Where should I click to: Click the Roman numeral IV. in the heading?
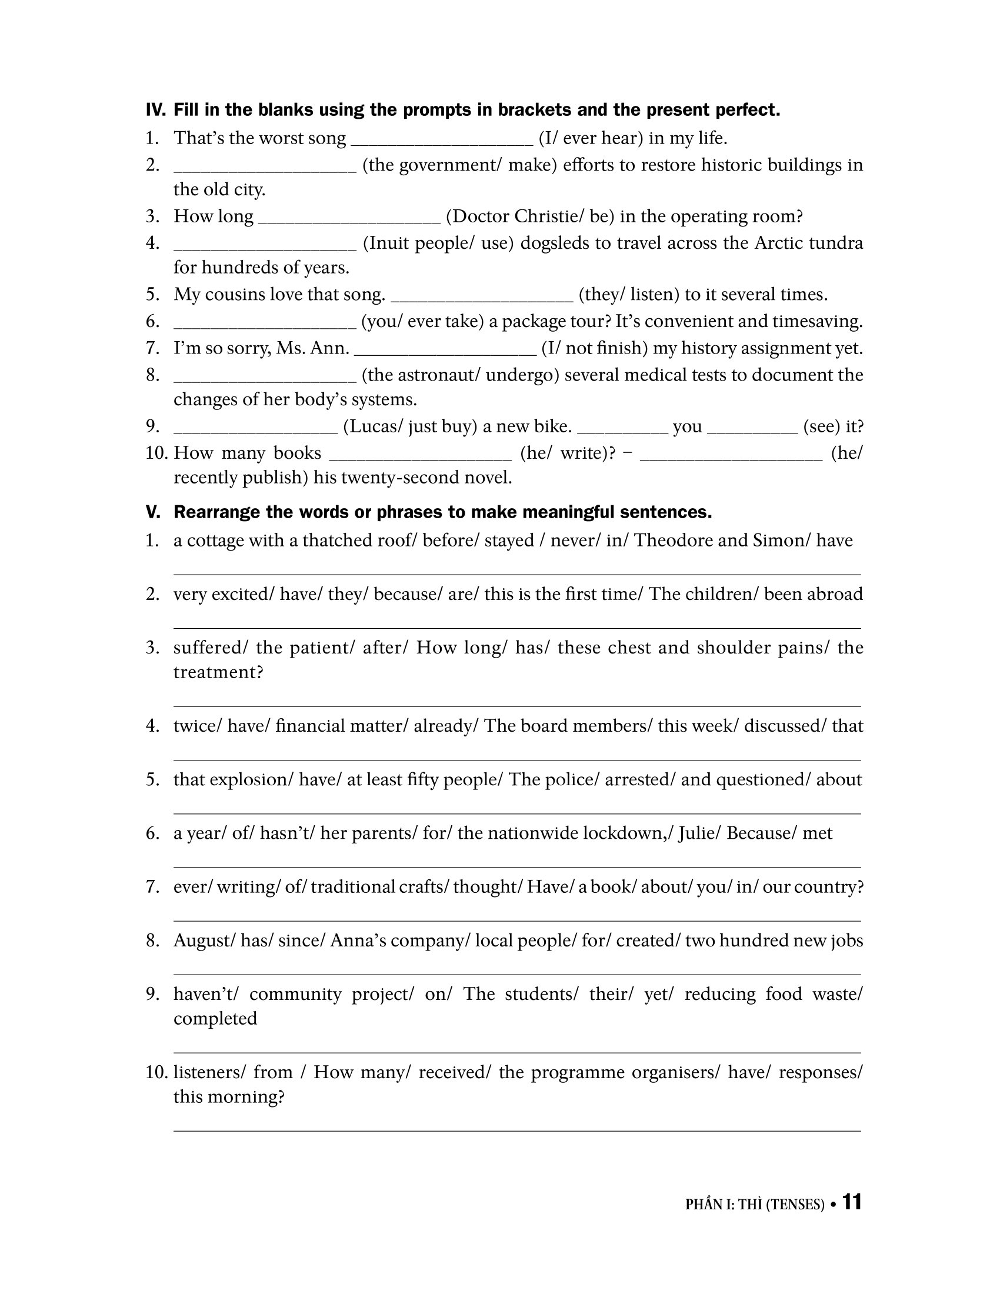[156, 110]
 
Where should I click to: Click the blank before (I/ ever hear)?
[442, 141]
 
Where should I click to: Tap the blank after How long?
[349, 219]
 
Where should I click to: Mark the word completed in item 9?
[215, 1019]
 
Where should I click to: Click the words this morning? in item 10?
[229, 1098]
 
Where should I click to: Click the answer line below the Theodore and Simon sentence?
[516, 573]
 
